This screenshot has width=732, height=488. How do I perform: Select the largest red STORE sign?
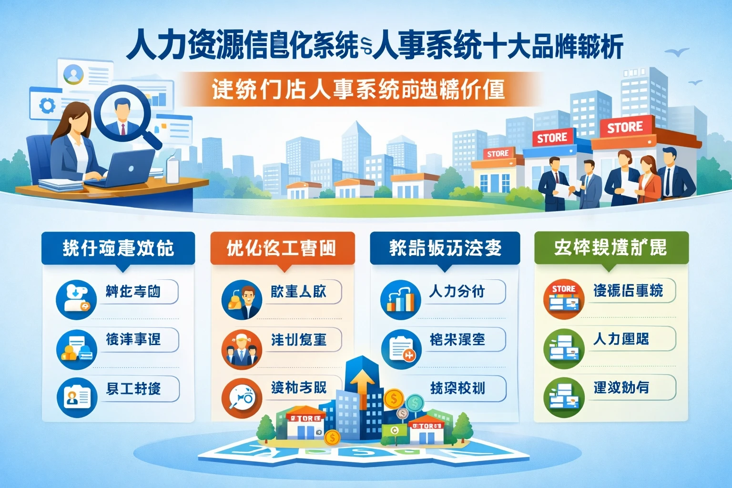(625, 127)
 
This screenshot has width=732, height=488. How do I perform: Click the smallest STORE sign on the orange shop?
(498, 153)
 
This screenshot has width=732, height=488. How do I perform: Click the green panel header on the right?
(611, 248)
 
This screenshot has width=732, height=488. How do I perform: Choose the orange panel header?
(282, 248)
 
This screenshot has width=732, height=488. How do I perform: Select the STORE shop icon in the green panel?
(564, 298)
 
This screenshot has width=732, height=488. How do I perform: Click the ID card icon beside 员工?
(77, 397)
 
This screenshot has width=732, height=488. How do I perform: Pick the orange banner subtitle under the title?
(358, 89)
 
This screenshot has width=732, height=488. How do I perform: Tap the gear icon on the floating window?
(47, 105)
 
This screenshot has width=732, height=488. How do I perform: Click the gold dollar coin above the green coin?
(394, 398)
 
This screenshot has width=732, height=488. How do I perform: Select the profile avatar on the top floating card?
(73, 74)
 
